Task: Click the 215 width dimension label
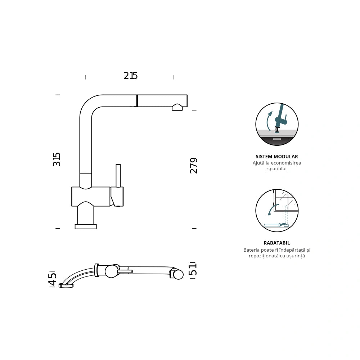pos(130,76)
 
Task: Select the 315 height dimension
pos(57,159)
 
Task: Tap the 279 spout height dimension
pos(194,166)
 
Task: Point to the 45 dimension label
pos(53,279)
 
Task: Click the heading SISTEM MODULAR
pos(276,157)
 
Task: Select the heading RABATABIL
pos(276,243)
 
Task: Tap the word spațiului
pos(276,169)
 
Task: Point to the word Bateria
pos(251,250)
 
